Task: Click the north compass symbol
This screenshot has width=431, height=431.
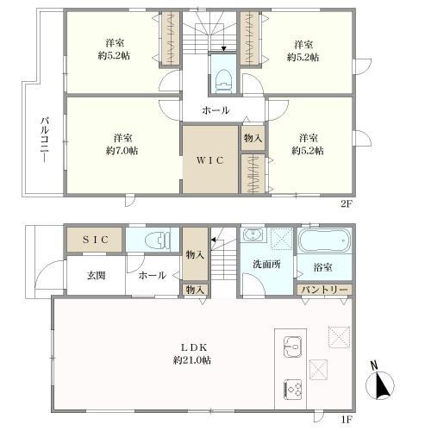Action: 379,382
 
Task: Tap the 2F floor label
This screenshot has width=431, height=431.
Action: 347,203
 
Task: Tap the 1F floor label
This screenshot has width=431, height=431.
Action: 347,420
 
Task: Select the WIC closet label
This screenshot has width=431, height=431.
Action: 210,160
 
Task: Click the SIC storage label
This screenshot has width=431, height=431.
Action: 96,240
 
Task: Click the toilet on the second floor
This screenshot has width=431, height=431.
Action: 223,81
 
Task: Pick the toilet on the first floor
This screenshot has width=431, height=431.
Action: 158,240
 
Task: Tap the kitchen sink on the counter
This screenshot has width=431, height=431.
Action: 292,347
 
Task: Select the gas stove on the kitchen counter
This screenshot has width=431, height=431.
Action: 293,390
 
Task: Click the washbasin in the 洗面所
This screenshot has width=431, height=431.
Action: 253,234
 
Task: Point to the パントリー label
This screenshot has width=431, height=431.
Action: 324,290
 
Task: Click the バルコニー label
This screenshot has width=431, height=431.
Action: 45,140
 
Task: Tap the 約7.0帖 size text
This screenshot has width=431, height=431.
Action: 122,151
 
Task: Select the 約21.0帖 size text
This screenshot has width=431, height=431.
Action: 192,360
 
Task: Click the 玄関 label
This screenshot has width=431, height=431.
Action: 96,276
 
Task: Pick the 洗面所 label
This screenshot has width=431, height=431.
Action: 266,264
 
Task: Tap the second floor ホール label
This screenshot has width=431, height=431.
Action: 215,110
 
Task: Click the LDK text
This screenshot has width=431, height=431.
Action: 194,347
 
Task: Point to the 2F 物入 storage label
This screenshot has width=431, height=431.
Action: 253,138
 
